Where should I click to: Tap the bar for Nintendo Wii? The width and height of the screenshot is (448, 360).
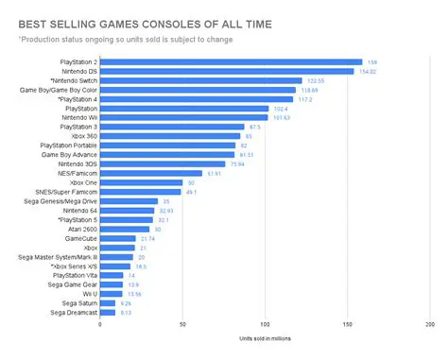pyautogui.click(x=183, y=118)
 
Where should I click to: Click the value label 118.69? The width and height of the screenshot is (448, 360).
pyautogui.click(x=311, y=91)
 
